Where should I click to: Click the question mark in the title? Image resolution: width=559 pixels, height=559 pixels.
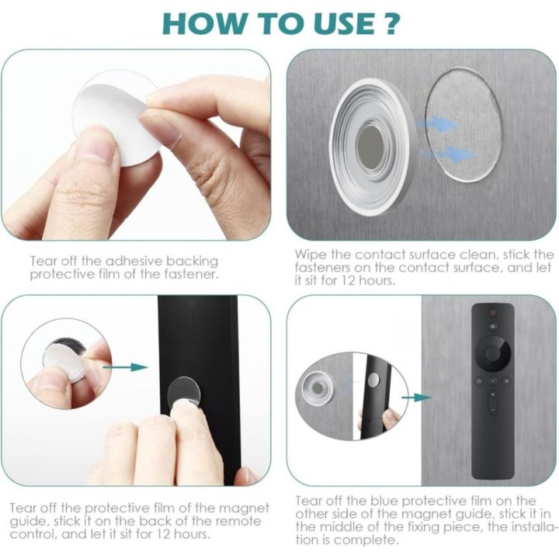[392, 23]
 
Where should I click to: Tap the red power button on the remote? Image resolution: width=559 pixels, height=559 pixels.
[492, 312]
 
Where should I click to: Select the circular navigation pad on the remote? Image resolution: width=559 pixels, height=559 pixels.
[492, 354]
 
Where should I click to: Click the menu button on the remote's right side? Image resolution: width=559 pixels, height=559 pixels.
[507, 381]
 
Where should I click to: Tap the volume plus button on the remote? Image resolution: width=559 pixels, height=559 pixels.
[492, 395]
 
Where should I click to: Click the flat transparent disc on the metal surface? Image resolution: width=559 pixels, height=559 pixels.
[463, 124]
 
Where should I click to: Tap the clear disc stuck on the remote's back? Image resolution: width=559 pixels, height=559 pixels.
[183, 391]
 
